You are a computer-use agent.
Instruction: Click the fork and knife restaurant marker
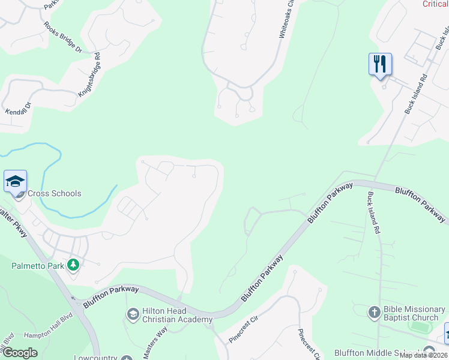(x=380, y=64)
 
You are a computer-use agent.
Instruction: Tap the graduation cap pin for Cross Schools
(x=15, y=181)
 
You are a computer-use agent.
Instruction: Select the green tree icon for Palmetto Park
(x=73, y=264)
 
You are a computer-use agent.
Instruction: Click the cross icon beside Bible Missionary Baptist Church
(x=373, y=312)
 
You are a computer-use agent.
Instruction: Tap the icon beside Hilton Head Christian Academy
(x=133, y=314)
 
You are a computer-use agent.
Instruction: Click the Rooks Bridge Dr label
(x=62, y=38)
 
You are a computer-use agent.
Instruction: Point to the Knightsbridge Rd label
(x=89, y=77)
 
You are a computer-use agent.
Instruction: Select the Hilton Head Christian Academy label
(x=177, y=316)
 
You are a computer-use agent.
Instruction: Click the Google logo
(x=20, y=353)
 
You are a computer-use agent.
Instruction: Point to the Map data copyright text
(x=423, y=355)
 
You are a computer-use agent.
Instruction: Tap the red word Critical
(x=435, y=4)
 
